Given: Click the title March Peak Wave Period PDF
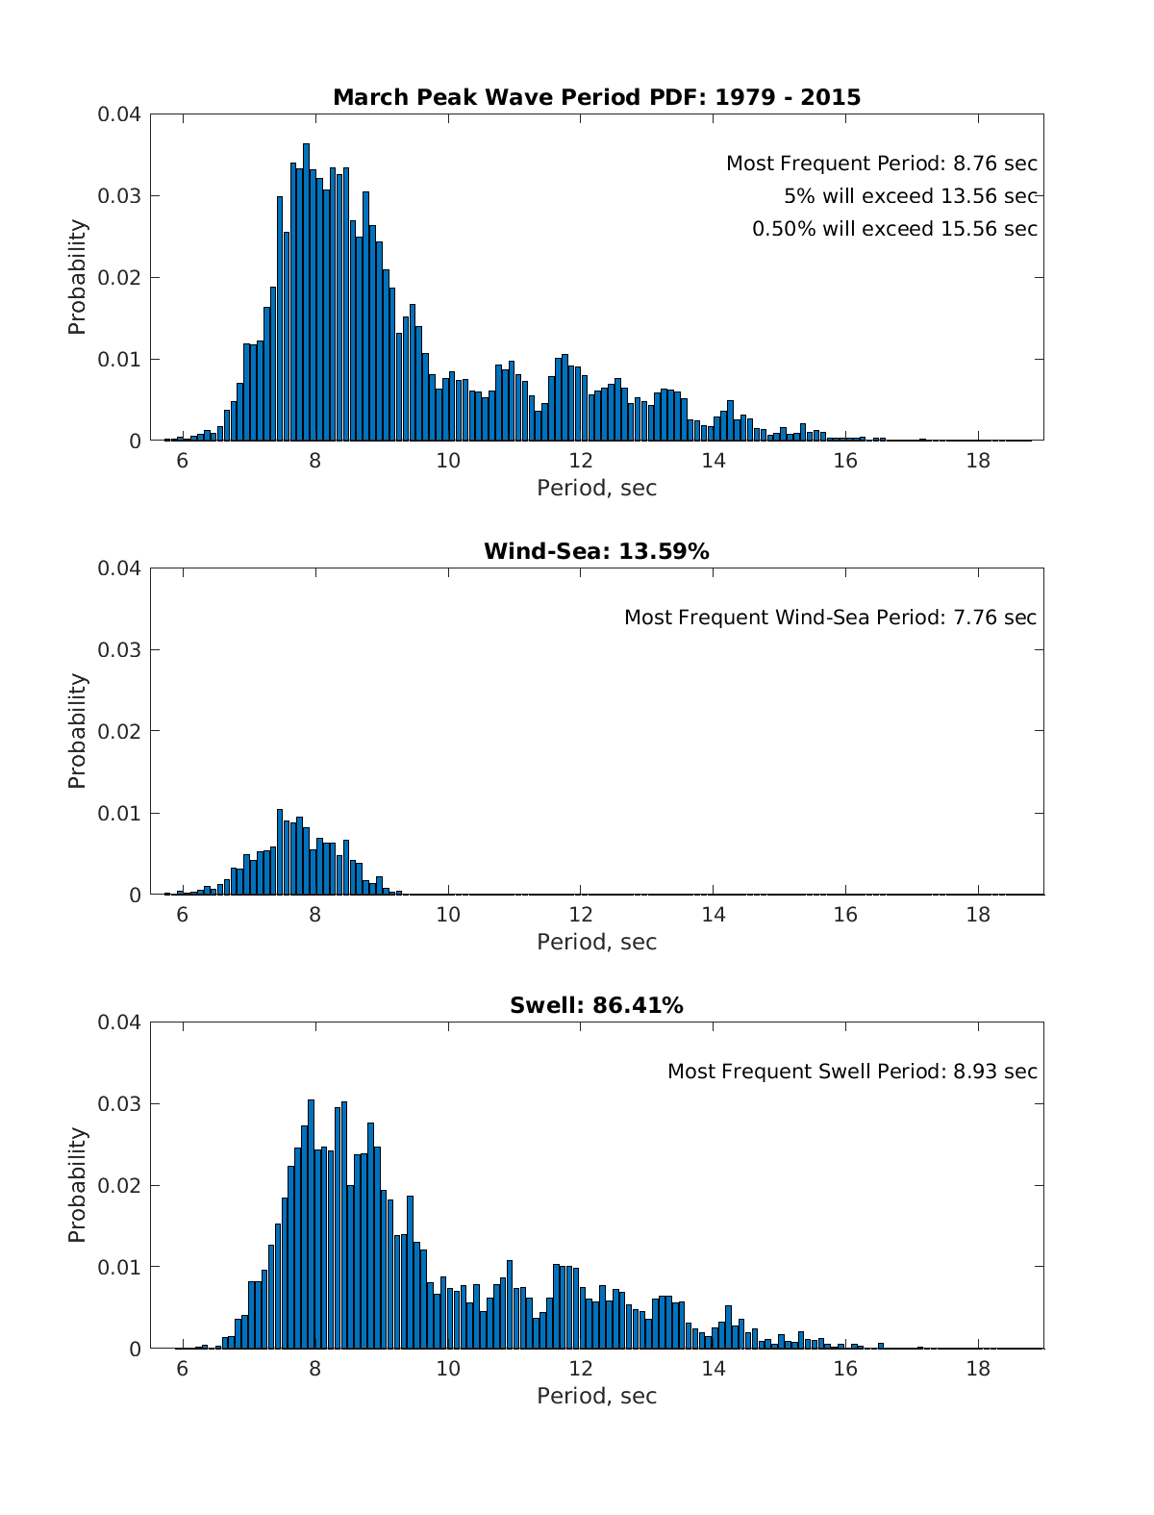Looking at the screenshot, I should (596, 97).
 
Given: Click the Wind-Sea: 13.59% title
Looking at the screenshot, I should (596, 551).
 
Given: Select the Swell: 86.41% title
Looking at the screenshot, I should (596, 1005).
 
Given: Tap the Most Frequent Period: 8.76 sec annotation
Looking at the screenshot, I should (881, 164).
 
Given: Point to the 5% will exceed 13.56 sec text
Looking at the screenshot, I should (910, 196).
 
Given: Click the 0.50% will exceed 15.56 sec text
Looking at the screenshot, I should (894, 229).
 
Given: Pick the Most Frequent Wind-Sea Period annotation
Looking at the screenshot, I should (830, 618).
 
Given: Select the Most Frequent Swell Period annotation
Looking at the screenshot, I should (852, 1072).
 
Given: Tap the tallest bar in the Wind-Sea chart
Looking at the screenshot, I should (280, 851).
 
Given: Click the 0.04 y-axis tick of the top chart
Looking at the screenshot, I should (119, 114).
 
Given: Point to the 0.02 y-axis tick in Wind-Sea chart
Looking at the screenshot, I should (119, 732).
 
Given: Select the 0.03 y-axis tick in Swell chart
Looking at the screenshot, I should (119, 1104).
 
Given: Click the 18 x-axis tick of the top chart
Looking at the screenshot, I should (977, 460).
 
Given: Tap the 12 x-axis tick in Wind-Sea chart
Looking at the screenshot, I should (580, 914).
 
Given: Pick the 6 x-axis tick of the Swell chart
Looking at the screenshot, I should (183, 1368).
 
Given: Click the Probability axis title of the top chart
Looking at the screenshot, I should (77, 277).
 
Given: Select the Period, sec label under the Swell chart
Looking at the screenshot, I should (596, 1396).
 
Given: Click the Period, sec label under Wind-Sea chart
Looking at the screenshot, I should (596, 942).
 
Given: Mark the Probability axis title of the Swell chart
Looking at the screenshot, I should (77, 1185).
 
